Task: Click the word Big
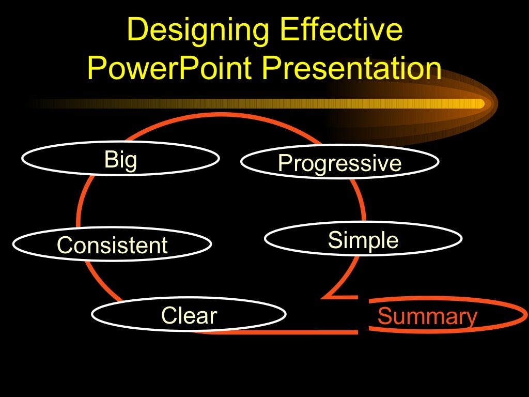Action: click(120, 160)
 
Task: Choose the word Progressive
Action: click(339, 164)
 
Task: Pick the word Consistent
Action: click(112, 245)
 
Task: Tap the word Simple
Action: click(363, 240)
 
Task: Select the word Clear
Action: click(189, 315)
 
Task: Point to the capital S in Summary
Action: click(384, 316)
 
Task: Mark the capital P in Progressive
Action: click(284, 163)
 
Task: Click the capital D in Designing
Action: click(136, 30)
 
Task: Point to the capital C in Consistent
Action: click(65, 245)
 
